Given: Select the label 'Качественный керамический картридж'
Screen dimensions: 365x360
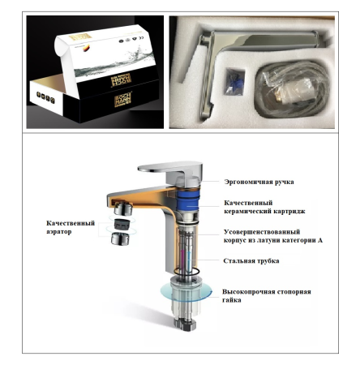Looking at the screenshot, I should point(253,208).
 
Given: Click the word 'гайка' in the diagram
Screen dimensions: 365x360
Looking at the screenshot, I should point(232,299).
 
